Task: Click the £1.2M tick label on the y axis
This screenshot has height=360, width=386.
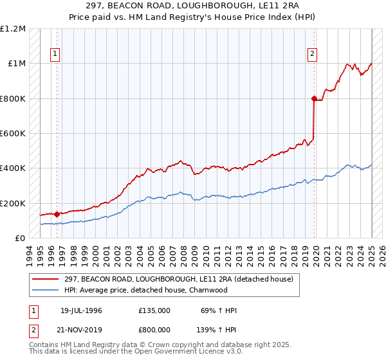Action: click(x=13, y=29)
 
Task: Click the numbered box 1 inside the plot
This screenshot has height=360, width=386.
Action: click(x=56, y=54)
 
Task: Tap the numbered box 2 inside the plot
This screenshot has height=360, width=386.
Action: click(x=312, y=54)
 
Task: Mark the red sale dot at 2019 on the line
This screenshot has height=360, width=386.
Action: click(x=314, y=98)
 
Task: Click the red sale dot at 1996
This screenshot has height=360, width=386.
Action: click(x=57, y=214)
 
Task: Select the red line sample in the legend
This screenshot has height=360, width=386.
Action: click(x=47, y=279)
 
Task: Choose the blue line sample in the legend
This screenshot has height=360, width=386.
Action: click(x=47, y=290)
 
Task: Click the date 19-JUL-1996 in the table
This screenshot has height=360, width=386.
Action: click(x=81, y=310)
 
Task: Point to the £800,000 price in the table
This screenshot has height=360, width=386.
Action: click(x=154, y=328)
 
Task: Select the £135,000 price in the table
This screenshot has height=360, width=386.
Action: click(x=154, y=310)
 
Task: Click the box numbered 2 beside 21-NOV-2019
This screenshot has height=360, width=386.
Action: click(x=32, y=328)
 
